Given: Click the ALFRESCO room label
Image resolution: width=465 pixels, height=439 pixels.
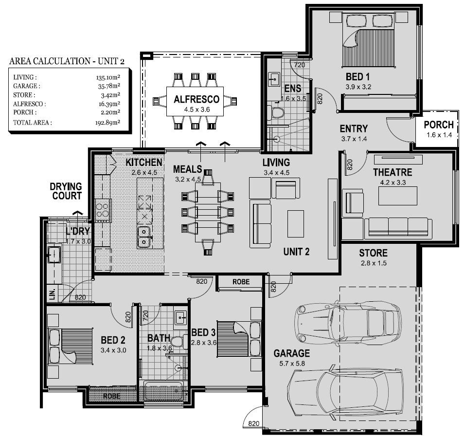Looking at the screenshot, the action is tap(197, 99).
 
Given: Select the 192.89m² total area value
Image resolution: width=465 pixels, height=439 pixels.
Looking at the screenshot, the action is tap(107, 122).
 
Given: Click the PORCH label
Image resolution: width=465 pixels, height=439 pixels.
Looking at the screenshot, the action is tap(439, 125).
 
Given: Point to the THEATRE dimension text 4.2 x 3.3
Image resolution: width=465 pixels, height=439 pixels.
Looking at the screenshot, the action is tap(393, 183).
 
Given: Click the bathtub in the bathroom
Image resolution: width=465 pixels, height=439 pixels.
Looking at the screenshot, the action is tap(163, 391).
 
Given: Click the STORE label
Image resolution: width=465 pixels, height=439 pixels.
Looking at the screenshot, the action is tap(374, 253).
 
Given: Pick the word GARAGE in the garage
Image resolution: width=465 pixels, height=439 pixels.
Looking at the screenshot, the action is tap(292, 353).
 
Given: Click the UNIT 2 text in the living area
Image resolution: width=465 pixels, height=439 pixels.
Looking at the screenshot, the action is tap(296, 252).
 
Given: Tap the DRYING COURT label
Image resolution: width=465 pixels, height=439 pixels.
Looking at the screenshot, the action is tap(66, 191).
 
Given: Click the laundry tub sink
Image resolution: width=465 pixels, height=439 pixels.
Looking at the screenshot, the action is tap(54, 254).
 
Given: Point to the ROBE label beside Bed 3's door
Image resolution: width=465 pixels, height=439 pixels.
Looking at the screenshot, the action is tap(241, 282).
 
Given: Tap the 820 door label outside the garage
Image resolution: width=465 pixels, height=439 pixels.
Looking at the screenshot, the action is tap(254, 423).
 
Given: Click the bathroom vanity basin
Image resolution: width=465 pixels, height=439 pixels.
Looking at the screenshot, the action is tap(180, 318).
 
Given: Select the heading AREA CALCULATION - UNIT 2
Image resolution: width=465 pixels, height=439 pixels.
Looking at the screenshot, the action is tap(67, 61).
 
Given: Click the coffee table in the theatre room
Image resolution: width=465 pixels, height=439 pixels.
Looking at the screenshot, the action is tap(398, 196).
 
